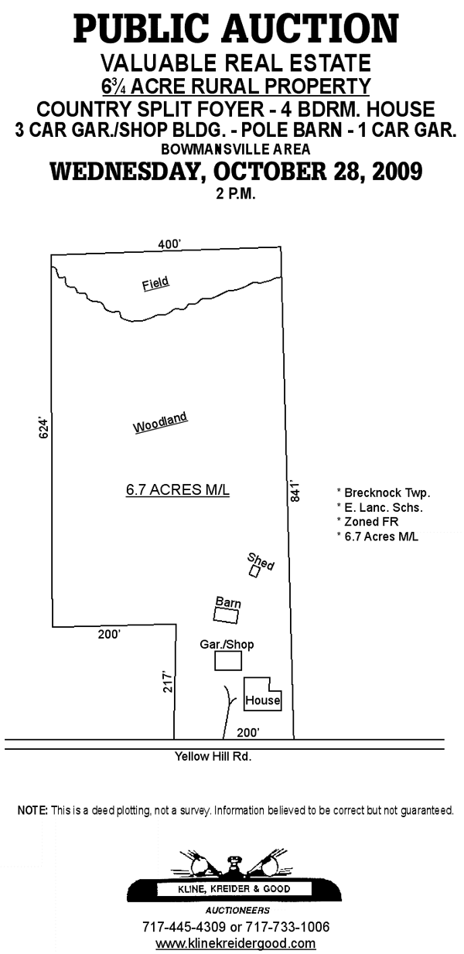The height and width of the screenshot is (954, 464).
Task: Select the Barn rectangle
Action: tap(226, 609)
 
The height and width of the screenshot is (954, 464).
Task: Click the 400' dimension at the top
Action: tap(169, 244)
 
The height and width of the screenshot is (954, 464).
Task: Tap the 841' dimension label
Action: tap(295, 492)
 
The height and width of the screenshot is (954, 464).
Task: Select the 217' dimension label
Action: tap(168, 683)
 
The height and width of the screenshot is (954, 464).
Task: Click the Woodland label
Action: tap(160, 422)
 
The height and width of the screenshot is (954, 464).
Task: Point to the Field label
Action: tap(155, 284)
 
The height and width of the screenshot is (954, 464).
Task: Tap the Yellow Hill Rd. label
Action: tap(213, 756)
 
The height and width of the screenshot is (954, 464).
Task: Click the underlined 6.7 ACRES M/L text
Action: tap(178, 490)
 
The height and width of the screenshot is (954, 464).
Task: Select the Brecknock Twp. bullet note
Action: tap(384, 492)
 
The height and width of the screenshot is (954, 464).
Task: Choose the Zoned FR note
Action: tap(367, 522)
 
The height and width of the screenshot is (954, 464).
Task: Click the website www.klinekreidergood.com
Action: tap(236, 943)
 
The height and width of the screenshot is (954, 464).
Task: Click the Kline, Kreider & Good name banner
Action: tap(234, 889)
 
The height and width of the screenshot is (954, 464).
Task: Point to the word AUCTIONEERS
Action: tap(237, 911)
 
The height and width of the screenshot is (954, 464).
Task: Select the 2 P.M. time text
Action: tap(236, 194)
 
